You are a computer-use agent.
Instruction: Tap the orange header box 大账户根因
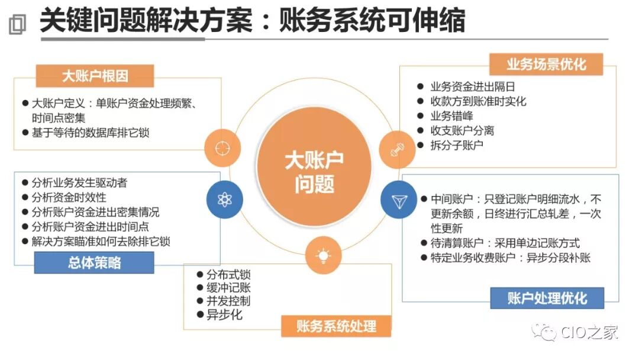[x=95, y=76]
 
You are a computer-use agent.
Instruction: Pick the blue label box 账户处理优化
[x=547, y=298]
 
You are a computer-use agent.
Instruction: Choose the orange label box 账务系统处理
[x=336, y=325]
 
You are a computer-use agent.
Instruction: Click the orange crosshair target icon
[x=222, y=146]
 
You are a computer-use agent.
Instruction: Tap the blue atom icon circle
[x=224, y=200]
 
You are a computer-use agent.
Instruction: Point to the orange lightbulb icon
[x=323, y=255]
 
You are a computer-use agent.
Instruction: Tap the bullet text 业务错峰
[x=451, y=116]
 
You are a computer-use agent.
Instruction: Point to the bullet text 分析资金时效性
[x=69, y=197]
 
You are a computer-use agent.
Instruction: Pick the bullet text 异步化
[x=224, y=315]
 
